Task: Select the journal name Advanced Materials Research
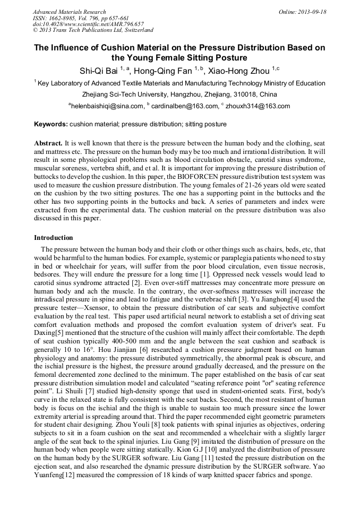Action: click(69, 12)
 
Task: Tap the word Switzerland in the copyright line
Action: click(136, 31)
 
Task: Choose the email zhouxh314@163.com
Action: click(257, 106)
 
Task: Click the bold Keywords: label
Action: click(51, 124)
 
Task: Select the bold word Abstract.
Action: click(48, 144)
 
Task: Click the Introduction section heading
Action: click(54, 237)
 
